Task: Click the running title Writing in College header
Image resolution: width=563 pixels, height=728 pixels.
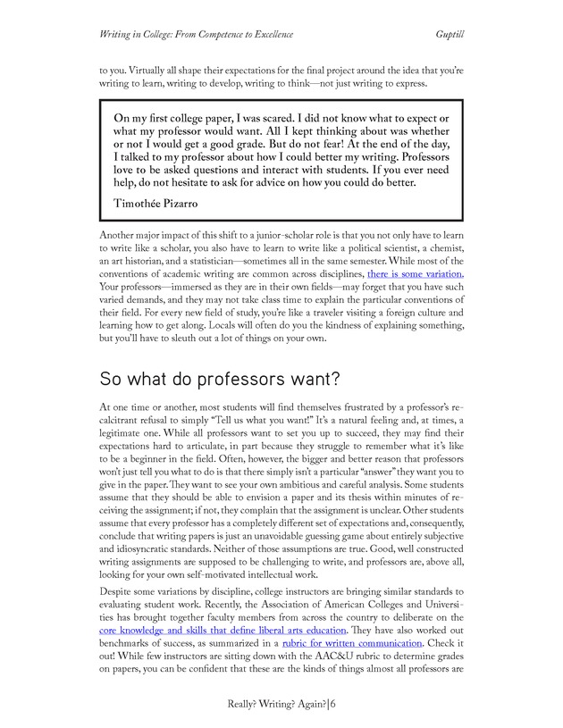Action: tap(196, 34)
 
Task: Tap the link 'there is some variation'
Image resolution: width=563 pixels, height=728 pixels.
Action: tap(415, 273)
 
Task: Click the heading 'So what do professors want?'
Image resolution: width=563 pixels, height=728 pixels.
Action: tap(220, 379)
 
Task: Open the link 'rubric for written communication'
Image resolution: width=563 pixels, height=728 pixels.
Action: tap(352, 642)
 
